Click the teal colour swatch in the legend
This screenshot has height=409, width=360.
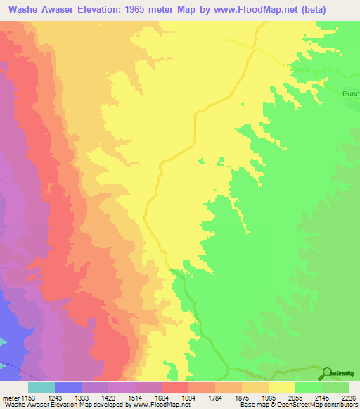tap(41, 387)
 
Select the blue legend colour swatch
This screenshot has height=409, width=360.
tap(68, 387)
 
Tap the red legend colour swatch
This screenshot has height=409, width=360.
tap(175, 387)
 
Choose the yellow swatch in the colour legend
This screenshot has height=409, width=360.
tap(282, 387)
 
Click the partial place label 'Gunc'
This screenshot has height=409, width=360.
tap(350, 93)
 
